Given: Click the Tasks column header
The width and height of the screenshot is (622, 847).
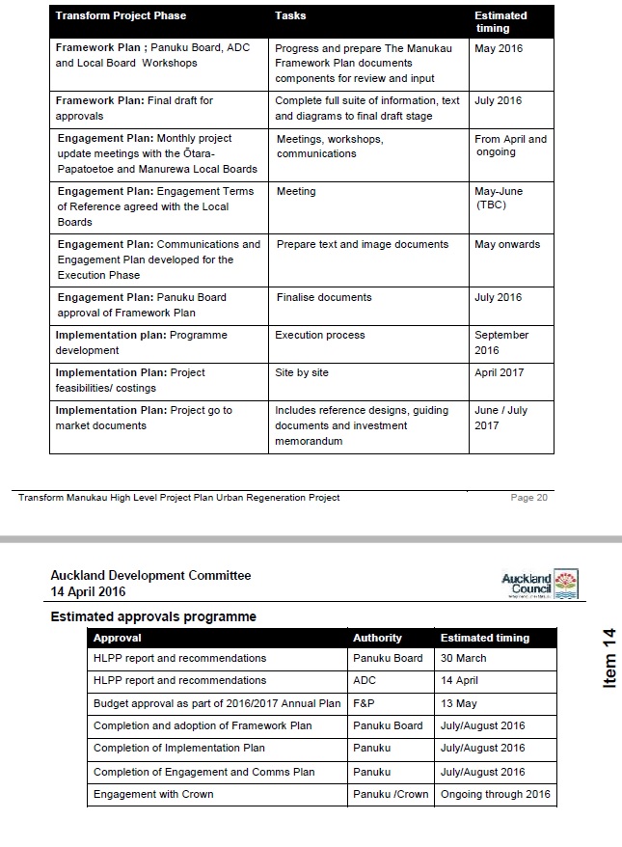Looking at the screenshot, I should [290, 15].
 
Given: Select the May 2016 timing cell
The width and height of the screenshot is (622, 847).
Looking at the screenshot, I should [498, 48].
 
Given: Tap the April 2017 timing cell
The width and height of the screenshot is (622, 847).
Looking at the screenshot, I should [500, 372].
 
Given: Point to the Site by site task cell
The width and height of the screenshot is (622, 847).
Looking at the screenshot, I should [302, 372].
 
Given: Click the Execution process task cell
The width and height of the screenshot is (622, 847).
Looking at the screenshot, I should [320, 335].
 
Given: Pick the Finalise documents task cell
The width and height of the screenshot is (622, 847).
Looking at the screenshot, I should [324, 297].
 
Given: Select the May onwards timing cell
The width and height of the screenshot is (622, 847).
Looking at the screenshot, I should [507, 244].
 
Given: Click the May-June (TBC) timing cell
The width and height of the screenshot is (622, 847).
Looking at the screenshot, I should [499, 198].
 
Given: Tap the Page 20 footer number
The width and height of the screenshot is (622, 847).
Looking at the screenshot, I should [528, 498].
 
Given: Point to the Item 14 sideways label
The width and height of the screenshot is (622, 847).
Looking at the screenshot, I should [608, 658].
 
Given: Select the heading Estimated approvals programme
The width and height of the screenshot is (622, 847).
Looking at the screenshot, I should [153, 616].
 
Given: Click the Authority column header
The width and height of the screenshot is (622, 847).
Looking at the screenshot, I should [377, 638].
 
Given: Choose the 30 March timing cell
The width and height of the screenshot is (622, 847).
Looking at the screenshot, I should [464, 658].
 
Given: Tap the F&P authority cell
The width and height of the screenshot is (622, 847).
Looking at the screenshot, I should [365, 703].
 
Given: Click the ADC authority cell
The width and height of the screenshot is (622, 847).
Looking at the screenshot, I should [365, 680].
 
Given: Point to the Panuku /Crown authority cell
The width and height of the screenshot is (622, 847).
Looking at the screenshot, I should [391, 794].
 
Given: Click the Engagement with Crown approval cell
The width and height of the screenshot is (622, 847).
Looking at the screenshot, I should [153, 794].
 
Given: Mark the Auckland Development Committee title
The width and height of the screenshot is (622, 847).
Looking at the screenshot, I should [150, 575].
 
